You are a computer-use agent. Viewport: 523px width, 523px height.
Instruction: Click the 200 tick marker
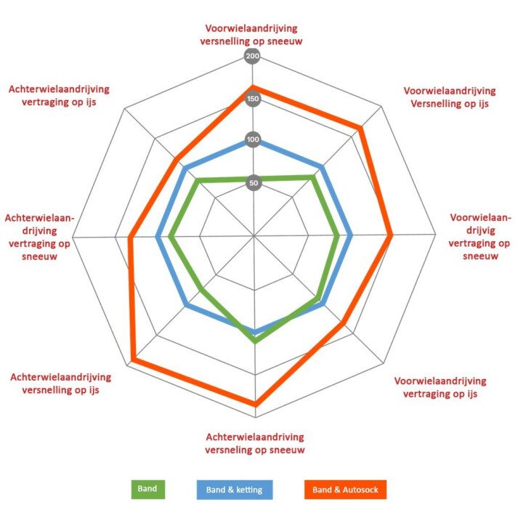pos(253,57)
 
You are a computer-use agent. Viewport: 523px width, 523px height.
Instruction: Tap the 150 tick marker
pos(253,99)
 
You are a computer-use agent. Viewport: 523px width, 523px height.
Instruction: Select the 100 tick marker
pos(253,140)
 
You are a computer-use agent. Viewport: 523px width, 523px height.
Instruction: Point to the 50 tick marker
pos(253,183)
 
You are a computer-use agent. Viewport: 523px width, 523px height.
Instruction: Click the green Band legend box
pos(148,489)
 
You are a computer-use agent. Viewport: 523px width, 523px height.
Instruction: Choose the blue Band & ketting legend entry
pos(235,489)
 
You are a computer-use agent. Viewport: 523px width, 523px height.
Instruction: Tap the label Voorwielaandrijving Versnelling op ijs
pos(450,97)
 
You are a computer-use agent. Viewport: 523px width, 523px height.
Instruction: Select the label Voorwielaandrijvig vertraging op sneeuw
pos(479,237)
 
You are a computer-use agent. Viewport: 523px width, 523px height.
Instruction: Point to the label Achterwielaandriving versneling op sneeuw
pos(254,443)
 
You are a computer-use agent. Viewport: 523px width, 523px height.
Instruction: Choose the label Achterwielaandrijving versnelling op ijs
pos(61,384)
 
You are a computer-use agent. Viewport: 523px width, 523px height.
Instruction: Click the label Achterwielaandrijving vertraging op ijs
pos(59,95)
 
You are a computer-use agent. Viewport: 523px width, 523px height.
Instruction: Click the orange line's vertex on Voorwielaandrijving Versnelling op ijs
pos(360,129)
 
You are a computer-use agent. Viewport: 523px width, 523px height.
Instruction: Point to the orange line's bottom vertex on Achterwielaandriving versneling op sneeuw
pos(255,404)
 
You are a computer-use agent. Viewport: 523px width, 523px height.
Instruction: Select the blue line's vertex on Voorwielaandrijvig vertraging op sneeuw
pos(349,236)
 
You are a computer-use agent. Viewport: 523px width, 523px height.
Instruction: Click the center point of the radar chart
pos(254,236)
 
